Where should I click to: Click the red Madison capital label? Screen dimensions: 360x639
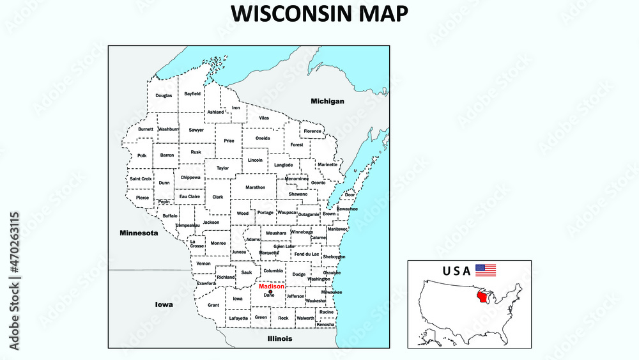coord(272,286)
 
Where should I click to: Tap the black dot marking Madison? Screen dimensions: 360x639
coord(270,292)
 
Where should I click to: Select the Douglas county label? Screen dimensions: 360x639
coord(164,95)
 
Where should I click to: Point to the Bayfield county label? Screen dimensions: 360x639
coord(192,93)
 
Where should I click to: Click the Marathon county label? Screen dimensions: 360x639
coord(255,187)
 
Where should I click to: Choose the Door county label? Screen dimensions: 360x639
coord(350,194)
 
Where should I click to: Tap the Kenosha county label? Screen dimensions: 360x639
coord(325,324)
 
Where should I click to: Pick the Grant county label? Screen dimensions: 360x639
coord(213,305)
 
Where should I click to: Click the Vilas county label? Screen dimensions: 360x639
coord(264,118)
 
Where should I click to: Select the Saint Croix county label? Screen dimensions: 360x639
coord(141,178)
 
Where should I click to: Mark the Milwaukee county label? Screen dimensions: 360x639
coord(332,292)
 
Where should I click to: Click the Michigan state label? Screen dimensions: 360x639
coord(327,101)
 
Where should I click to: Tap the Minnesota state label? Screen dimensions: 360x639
coord(139,233)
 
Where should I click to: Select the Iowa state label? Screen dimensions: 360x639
coord(164,304)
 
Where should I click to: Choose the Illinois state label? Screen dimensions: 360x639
coord(280,338)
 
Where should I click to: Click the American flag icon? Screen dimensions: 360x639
coord(486,270)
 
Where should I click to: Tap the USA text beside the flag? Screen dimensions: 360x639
coord(456,270)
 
